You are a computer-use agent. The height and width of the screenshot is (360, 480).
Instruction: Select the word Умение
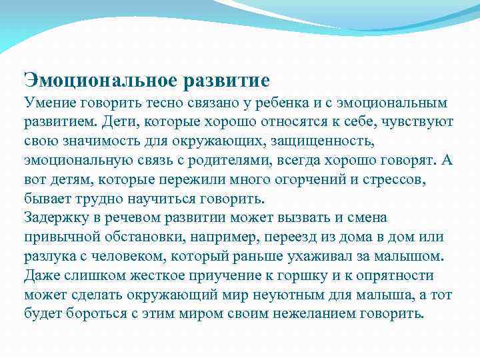coord(49,104)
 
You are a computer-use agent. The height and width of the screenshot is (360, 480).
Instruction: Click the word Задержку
coord(55,218)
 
